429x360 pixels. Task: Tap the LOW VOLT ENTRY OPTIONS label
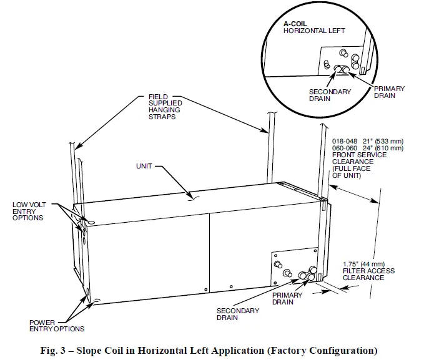(27, 211)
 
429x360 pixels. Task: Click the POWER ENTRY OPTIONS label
(56, 325)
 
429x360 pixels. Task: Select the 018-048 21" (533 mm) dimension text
(368, 141)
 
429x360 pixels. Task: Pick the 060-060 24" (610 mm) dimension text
(368, 148)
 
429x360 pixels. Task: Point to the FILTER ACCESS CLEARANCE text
(365, 274)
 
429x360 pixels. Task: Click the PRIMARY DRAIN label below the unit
(287, 299)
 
